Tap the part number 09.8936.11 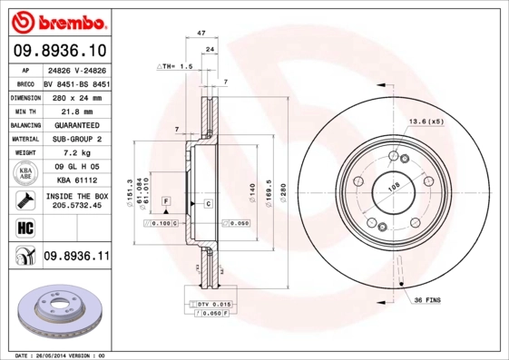76,258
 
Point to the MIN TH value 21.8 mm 75,110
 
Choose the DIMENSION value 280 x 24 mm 75,95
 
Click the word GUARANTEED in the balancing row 75,124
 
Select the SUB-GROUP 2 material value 75,140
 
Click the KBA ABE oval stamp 24,174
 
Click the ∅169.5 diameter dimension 268,194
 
